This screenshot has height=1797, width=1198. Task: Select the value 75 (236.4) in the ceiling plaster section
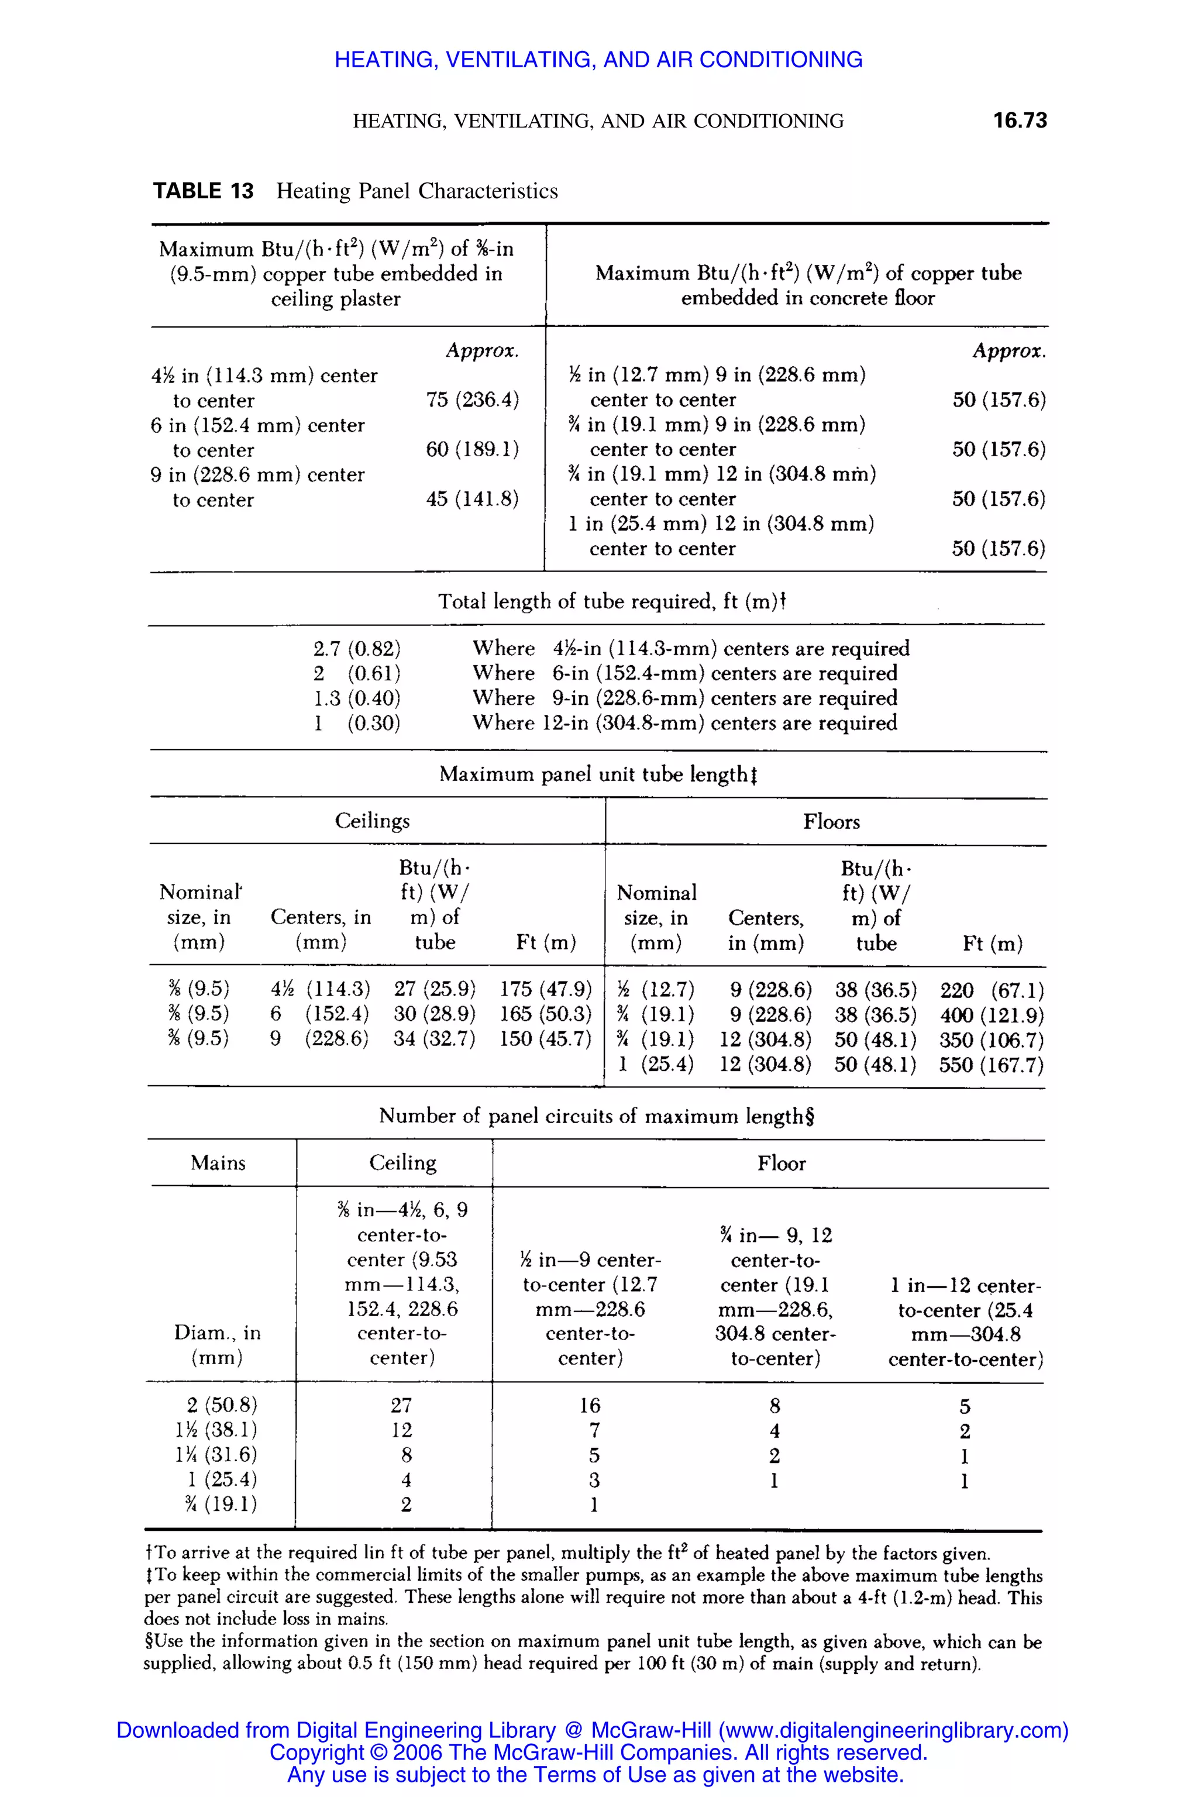click(x=472, y=400)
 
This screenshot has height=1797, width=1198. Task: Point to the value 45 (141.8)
click(x=472, y=499)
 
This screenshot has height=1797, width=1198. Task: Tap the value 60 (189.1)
click(x=472, y=449)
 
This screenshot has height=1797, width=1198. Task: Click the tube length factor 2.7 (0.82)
click(x=357, y=649)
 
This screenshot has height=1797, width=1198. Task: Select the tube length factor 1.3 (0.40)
click(x=357, y=698)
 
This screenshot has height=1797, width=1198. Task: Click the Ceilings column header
click(x=372, y=821)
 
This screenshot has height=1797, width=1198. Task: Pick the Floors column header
click(x=831, y=821)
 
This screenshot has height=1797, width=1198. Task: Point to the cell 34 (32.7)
click(x=434, y=1038)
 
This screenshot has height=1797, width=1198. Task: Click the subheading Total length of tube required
click(x=611, y=601)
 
